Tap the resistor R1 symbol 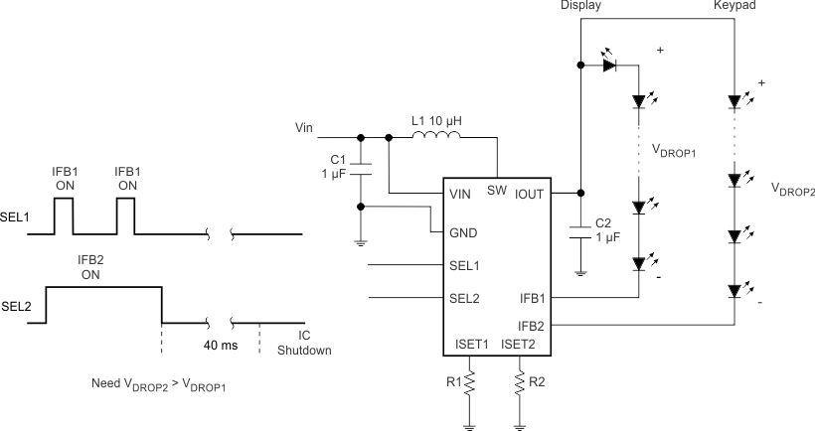coord(469,381)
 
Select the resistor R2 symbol coord(519,381)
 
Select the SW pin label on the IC coord(497,192)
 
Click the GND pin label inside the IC coord(463,234)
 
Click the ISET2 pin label coord(519,345)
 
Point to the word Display coord(580,7)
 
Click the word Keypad coord(733,7)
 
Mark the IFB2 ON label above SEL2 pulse coord(91,266)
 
